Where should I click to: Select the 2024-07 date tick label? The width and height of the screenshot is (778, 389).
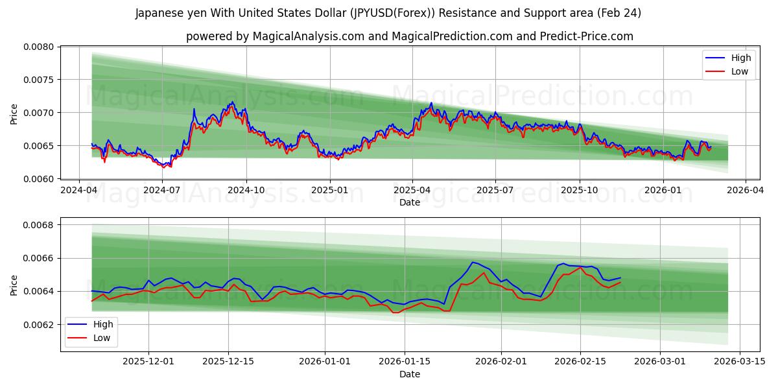click(x=161, y=191)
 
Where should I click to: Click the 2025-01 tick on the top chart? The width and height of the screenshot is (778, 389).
click(x=329, y=191)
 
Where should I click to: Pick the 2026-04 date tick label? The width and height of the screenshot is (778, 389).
click(x=745, y=191)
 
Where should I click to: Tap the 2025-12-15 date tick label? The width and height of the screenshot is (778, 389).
click(x=228, y=362)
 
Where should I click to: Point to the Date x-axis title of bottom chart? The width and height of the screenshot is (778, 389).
click(x=409, y=374)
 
